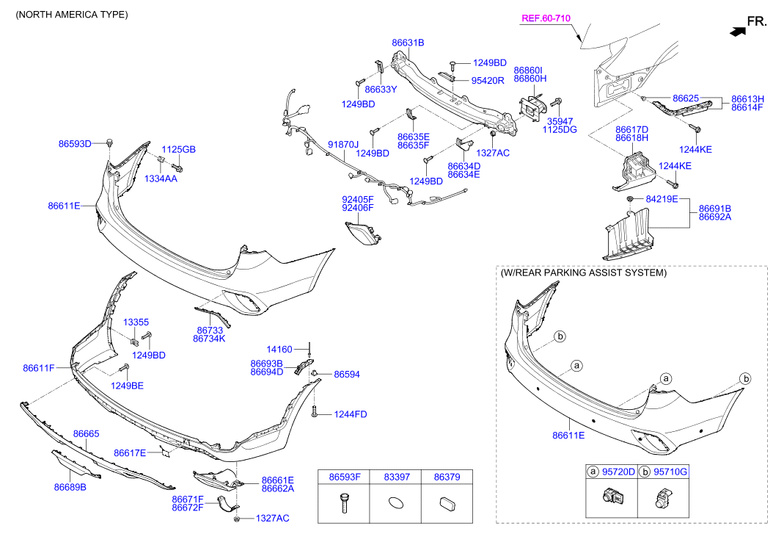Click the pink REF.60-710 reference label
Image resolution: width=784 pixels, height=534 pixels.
[546, 18]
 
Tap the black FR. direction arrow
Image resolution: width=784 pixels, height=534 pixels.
[738, 32]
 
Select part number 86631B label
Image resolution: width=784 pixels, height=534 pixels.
[408, 43]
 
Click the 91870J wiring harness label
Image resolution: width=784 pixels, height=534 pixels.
[343, 145]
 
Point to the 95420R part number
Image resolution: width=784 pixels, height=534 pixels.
[488, 81]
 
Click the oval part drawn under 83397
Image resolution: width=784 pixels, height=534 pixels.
[396, 502]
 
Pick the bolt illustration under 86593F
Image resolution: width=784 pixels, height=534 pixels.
[343, 502]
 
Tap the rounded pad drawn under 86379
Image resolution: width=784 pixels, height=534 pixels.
[447, 503]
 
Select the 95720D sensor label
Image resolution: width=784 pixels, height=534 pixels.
[618, 472]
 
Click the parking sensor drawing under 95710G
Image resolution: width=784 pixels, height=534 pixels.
[663, 497]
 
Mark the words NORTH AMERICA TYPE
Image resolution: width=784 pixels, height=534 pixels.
[71, 15]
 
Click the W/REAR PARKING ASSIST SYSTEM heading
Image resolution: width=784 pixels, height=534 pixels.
[584, 273]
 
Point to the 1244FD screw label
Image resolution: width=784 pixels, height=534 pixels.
[351, 414]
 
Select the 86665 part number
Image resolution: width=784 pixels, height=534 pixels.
[86, 434]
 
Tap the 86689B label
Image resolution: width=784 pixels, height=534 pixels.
[70, 487]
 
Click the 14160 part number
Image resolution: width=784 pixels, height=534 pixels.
[279, 349]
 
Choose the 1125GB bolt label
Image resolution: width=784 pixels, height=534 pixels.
[178, 149]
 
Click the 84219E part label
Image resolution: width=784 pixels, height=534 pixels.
[662, 199]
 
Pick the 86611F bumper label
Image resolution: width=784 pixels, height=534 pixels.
[38, 368]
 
